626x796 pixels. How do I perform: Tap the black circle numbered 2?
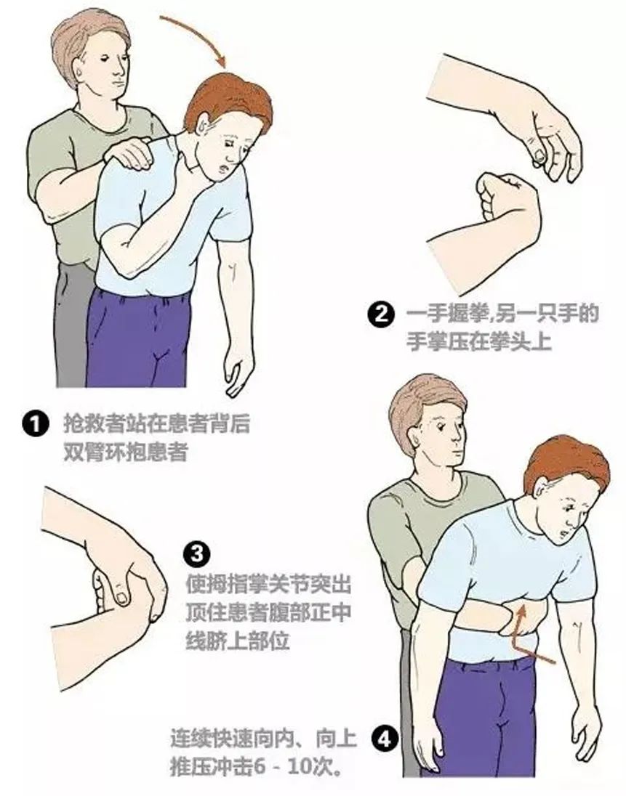click(x=380, y=314)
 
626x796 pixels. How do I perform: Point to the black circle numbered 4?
click(x=385, y=739)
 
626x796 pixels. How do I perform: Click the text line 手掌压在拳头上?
click(x=479, y=342)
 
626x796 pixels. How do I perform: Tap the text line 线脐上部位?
click(x=238, y=641)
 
